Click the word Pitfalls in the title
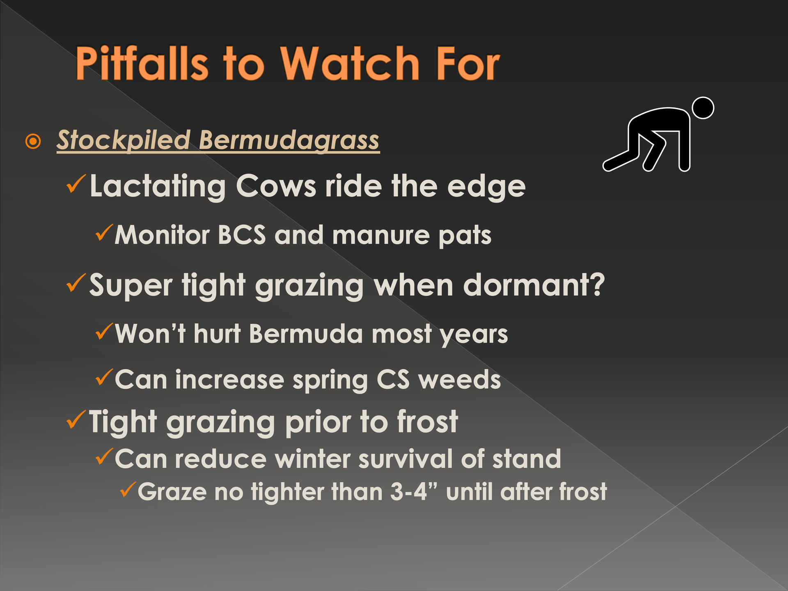point(142,63)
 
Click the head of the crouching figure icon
point(703,108)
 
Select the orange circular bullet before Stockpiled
point(33,142)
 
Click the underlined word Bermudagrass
point(289,140)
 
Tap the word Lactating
point(158,187)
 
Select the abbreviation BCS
point(242,235)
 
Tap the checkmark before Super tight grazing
point(76,283)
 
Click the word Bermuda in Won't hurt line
point(306,333)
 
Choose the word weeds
point(459,379)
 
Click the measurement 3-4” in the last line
point(413,492)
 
